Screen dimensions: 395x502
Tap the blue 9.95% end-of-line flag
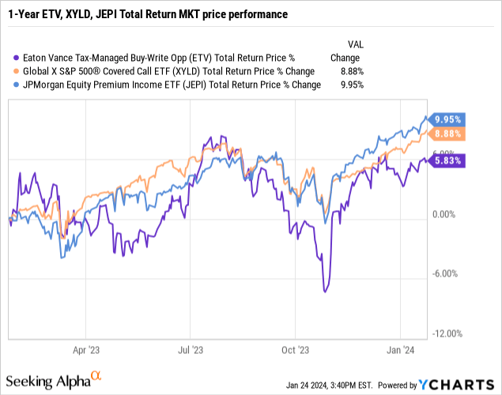447,120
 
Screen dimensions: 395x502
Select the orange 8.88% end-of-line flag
447,134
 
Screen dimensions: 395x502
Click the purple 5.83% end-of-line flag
447,160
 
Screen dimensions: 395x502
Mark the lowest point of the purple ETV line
324,292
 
